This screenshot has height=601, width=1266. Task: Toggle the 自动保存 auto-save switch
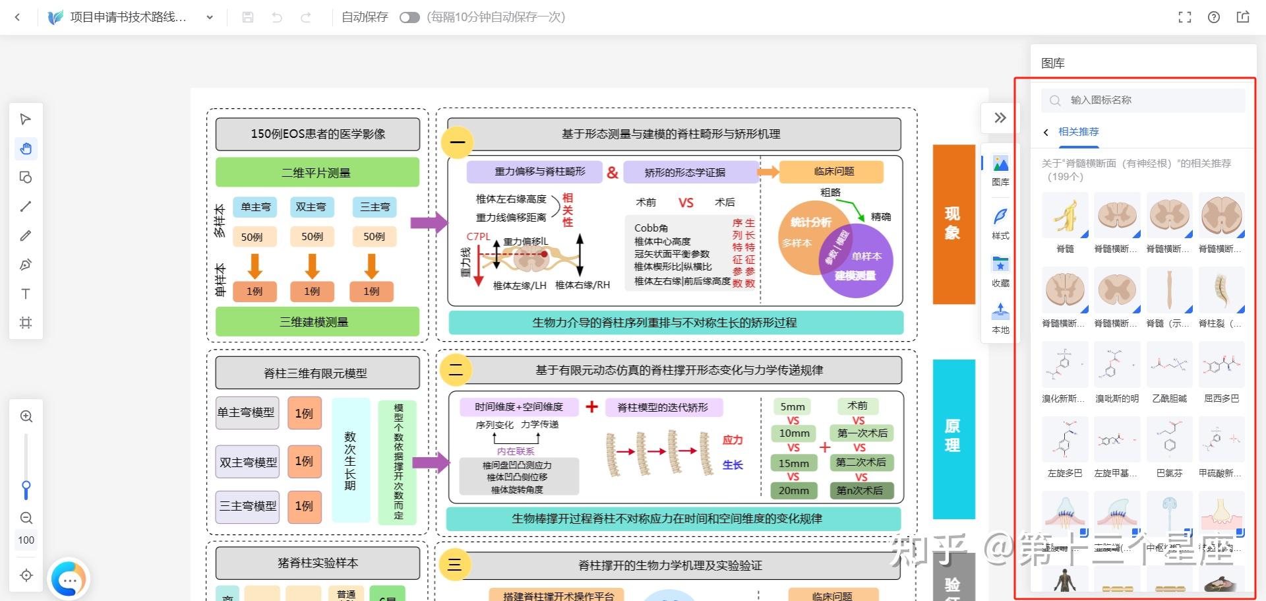pos(409,17)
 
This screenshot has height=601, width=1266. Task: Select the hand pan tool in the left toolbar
pos(26,148)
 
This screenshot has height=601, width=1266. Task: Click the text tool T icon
pos(26,294)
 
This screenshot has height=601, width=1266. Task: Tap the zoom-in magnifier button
pos(26,416)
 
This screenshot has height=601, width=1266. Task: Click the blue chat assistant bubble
pos(69,579)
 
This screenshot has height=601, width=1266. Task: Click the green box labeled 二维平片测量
pos(317,173)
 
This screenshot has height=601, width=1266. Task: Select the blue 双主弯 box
pos(311,207)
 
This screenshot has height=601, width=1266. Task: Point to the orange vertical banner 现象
pos(953,224)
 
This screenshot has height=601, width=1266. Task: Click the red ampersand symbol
pos(613,173)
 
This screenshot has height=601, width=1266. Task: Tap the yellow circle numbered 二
pos(456,369)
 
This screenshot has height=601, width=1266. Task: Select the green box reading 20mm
pos(794,490)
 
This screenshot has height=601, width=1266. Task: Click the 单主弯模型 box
pos(247,412)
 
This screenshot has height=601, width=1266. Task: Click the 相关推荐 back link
pos(1078,132)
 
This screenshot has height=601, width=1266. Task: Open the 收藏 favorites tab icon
pos(1000,270)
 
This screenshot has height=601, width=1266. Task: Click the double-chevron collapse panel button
pos(1000,118)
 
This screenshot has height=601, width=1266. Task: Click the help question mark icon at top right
pos(1213,17)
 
